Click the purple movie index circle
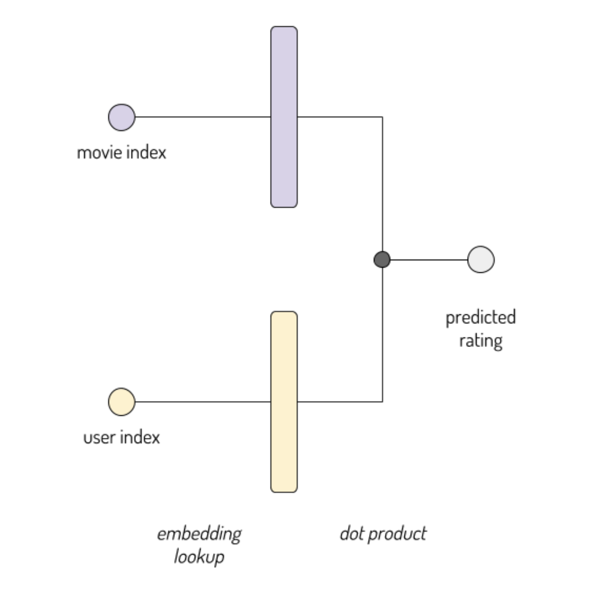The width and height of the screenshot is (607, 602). point(122,117)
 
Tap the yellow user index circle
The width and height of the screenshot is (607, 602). point(122,401)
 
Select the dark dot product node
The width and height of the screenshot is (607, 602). point(382,259)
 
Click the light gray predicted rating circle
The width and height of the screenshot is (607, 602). point(481,259)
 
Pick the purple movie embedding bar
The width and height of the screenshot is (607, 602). point(284,117)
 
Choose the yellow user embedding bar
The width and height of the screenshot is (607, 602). point(284,401)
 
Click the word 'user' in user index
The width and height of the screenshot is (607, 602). point(100,437)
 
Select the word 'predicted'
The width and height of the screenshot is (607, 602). point(481,318)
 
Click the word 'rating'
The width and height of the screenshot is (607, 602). point(481,341)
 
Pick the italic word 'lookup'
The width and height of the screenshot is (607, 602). point(199,557)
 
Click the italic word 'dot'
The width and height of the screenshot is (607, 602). point(351,534)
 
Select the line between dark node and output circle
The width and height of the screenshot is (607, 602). point(428,260)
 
